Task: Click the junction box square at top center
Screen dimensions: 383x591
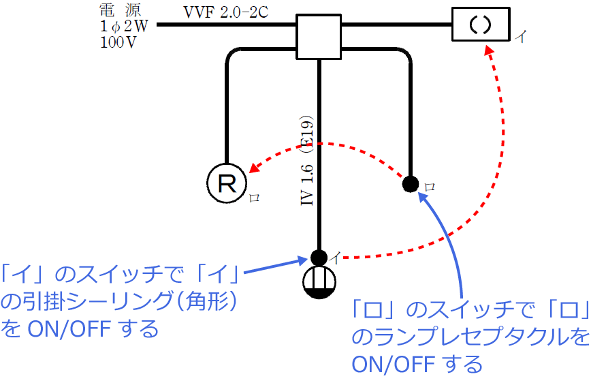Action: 319,37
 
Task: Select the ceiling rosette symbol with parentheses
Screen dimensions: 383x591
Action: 480,25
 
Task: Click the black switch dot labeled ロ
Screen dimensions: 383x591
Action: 410,183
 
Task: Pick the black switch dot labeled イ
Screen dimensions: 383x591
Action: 319,257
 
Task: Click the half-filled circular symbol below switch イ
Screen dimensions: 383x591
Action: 319,281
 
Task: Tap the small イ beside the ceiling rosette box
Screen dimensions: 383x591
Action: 520,35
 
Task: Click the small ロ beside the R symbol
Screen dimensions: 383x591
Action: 255,198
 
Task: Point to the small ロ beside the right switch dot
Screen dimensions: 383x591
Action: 429,186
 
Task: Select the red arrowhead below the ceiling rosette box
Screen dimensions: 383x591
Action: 490,51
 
